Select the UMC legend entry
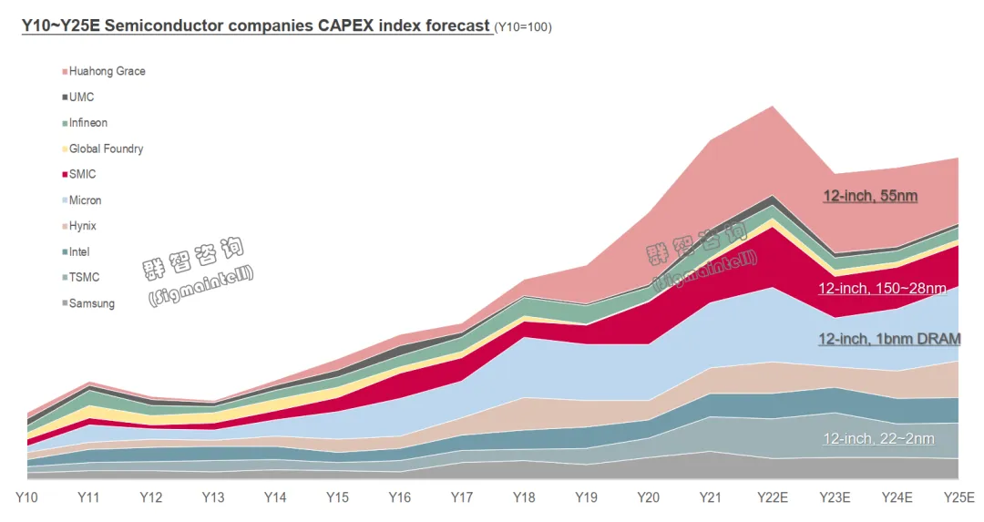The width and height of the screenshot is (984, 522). tap(81, 97)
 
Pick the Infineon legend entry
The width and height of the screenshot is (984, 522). tap(87, 123)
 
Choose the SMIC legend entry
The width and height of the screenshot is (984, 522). tap(82, 174)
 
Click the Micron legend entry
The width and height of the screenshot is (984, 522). tap(85, 200)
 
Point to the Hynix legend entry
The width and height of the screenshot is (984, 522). tap(82, 226)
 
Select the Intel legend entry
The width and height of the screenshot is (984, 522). tap(79, 251)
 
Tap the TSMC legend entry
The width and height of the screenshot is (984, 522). tap(84, 277)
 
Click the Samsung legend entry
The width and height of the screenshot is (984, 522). tap(91, 303)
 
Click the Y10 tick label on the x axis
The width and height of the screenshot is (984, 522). tap(26, 497)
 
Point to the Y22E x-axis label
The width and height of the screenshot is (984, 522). tap(772, 497)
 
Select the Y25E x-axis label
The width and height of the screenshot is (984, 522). tap(958, 497)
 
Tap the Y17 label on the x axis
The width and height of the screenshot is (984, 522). tap(462, 497)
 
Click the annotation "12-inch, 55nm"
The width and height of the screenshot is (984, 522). tap(870, 196)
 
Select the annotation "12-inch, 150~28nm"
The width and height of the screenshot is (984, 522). tap(882, 288)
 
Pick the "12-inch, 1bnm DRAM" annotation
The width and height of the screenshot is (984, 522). tap(889, 339)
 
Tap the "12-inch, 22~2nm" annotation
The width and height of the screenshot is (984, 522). tap(878, 438)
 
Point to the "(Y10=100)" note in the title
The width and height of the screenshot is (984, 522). tap(523, 27)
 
